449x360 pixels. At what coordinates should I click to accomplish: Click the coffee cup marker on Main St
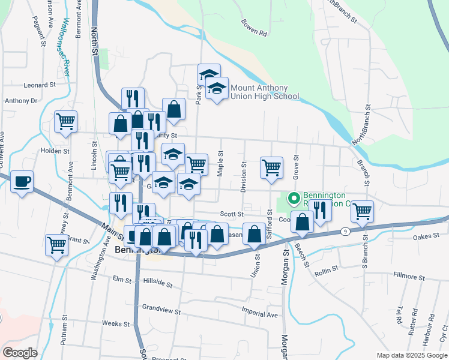pos(22,182)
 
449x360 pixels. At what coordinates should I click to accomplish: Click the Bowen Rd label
pos(253,28)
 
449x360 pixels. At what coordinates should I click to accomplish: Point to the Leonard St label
pos(40,85)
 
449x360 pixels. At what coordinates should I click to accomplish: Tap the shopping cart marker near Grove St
pos(272,167)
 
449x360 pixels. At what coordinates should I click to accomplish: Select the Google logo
pos(20,353)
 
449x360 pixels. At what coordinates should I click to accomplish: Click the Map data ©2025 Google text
pos(412,355)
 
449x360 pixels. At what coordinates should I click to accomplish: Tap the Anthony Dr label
pos(21,101)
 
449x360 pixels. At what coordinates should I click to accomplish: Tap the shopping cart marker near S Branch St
pos(363,211)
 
